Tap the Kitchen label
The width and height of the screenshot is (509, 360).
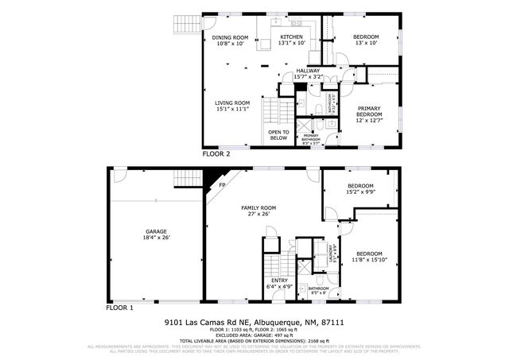click(292, 37)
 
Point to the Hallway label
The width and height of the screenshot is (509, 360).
click(308, 71)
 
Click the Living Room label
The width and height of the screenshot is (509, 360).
click(232, 103)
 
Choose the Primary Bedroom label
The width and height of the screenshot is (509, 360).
click(370, 111)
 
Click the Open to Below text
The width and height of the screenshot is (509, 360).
click(278, 134)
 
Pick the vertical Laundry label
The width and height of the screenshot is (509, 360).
click(330, 252)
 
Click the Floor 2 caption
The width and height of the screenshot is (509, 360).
click(216, 154)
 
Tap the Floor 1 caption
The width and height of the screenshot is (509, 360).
click(120, 307)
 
